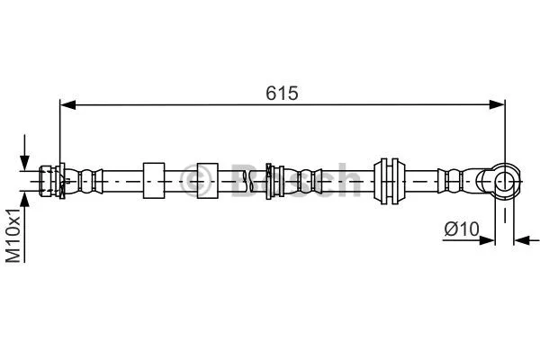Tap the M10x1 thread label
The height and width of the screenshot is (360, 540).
tap(13, 235)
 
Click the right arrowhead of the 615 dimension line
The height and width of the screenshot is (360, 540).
tap(497, 105)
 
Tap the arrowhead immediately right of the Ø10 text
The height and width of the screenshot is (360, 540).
tap(489, 239)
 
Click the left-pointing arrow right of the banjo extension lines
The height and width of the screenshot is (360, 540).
tap(521, 239)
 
